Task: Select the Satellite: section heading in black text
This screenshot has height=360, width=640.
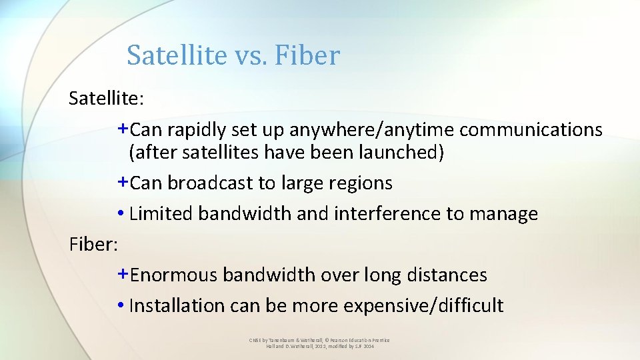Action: [106, 99]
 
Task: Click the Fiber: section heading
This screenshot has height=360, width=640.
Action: [93, 244]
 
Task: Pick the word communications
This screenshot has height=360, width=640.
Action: [531, 129]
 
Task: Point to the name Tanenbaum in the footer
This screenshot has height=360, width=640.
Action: [279, 340]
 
